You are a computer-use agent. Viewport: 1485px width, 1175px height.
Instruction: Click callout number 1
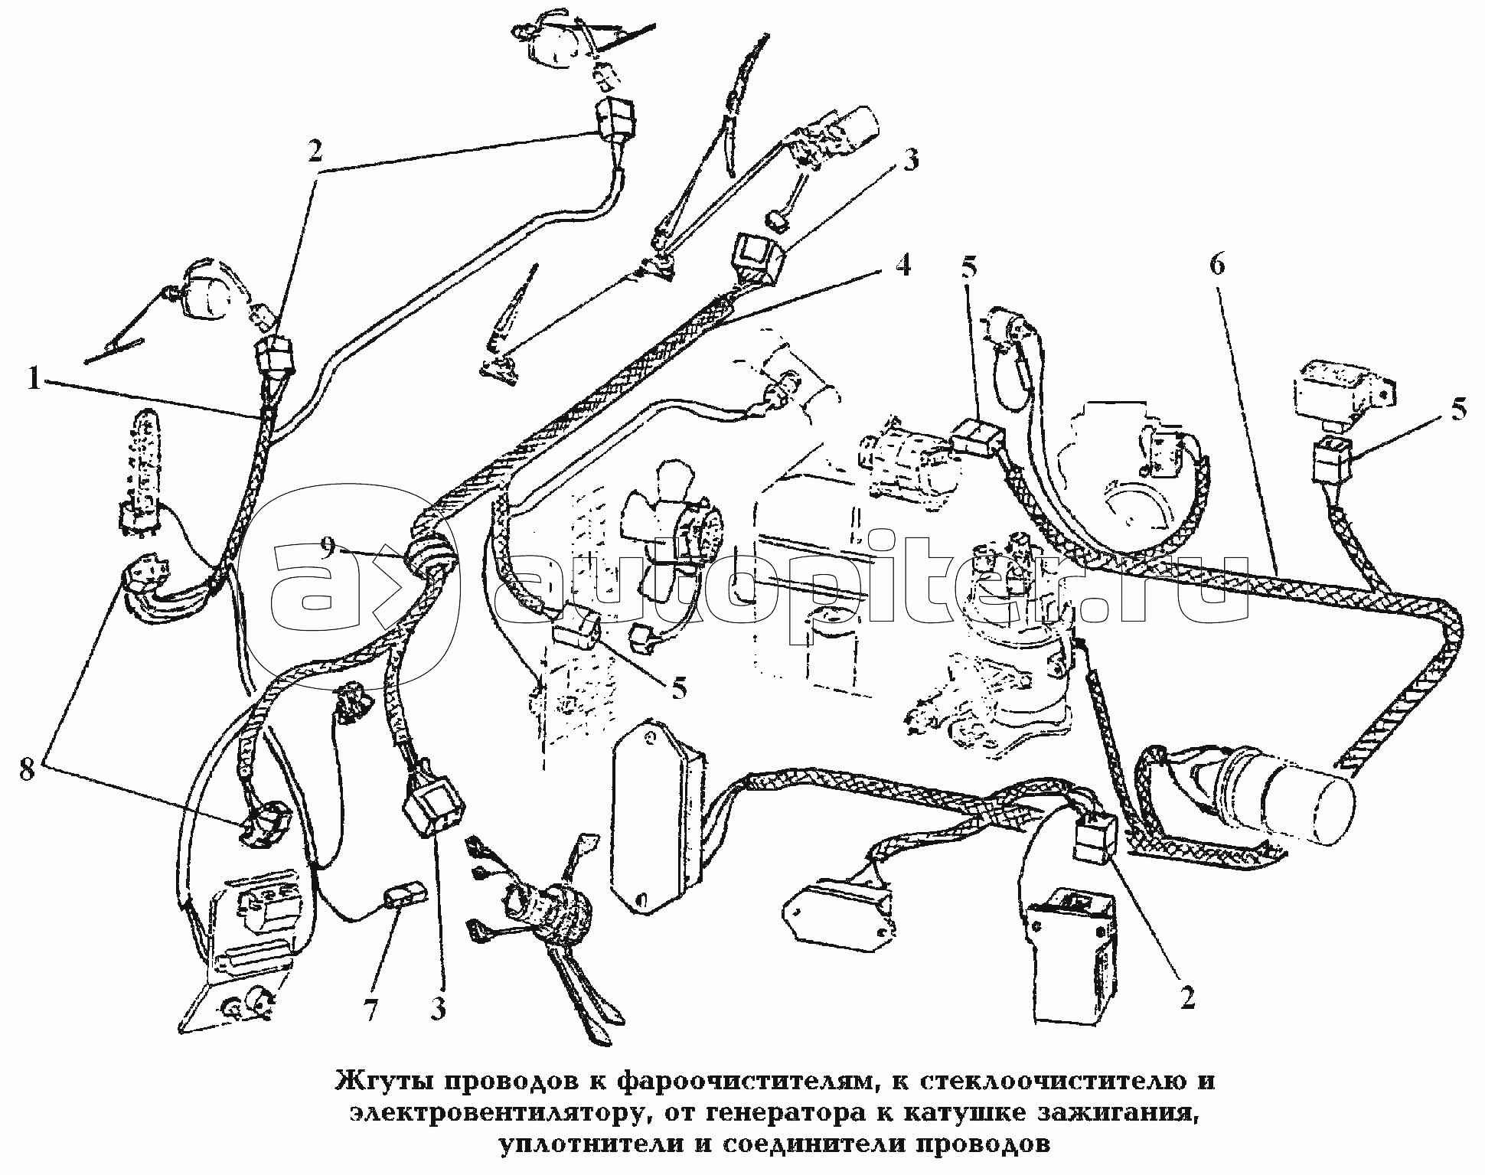[x=33, y=379]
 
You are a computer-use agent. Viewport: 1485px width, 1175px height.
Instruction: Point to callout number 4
[x=903, y=266]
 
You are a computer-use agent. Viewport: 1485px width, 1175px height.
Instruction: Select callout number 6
[x=1217, y=266]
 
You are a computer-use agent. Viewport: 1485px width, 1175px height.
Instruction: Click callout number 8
[x=28, y=770]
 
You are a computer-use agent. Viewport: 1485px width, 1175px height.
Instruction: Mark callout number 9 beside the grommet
[x=327, y=547]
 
